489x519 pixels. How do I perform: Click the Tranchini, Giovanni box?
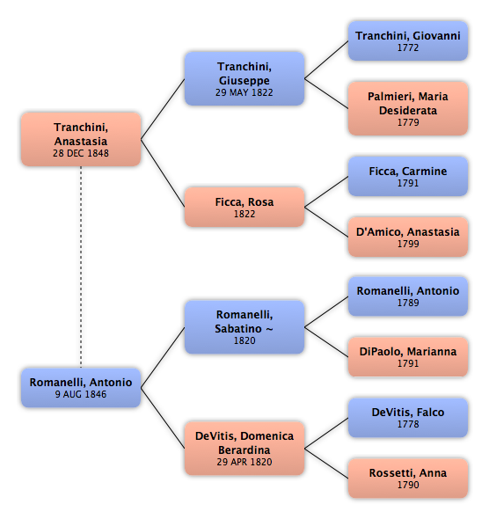(x=408, y=40)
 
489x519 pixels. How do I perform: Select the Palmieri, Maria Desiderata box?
(x=408, y=108)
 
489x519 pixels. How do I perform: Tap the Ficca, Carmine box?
(x=408, y=176)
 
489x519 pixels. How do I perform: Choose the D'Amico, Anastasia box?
(x=408, y=237)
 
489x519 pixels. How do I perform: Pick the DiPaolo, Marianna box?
(x=408, y=356)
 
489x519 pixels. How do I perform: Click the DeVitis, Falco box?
(x=408, y=417)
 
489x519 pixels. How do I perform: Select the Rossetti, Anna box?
(x=408, y=479)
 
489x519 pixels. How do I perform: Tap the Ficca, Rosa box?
(x=244, y=207)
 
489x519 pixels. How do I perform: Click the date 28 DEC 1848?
(x=81, y=153)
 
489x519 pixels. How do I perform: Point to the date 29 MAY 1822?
(x=244, y=92)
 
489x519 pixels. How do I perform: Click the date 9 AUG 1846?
(x=81, y=394)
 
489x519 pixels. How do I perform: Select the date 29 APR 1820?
(x=244, y=462)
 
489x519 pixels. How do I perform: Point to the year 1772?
(x=408, y=48)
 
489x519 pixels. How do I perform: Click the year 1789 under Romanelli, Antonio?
(x=408, y=303)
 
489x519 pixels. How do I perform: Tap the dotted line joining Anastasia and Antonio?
(x=81, y=267)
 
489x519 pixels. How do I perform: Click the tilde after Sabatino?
(x=270, y=329)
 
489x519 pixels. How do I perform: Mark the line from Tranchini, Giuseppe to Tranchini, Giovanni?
(x=326, y=60)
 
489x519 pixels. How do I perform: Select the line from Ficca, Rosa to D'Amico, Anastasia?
(x=326, y=222)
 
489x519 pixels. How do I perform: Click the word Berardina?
(x=244, y=450)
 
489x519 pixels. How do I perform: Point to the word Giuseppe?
(x=244, y=81)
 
